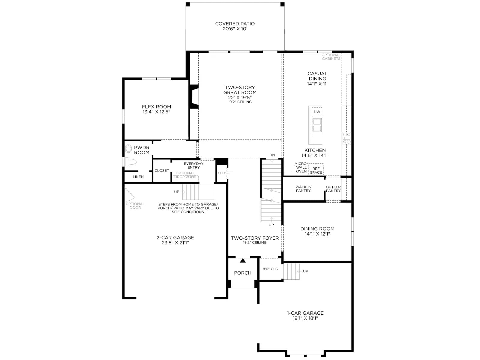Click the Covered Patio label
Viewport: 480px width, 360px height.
click(x=235, y=26)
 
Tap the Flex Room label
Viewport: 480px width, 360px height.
click(x=156, y=109)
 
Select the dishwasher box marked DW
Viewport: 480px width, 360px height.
click(x=317, y=112)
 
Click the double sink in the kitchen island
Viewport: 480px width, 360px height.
click(x=317, y=125)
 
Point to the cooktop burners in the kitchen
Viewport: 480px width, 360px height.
click(x=346, y=138)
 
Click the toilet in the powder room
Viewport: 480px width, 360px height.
click(x=130, y=162)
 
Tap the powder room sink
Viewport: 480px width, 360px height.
click(x=128, y=148)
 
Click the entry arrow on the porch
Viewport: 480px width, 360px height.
click(x=243, y=260)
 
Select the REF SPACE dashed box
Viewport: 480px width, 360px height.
click(x=316, y=169)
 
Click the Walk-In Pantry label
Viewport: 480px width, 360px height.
click(x=303, y=189)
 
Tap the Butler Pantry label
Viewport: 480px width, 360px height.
click(x=333, y=189)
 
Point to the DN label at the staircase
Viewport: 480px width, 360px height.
click(x=272, y=155)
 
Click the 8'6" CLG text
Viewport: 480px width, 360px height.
click(x=270, y=269)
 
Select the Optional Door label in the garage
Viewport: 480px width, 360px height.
click(x=135, y=206)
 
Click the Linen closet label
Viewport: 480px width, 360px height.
click(x=138, y=177)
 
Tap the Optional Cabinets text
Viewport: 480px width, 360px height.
click(x=331, y=57)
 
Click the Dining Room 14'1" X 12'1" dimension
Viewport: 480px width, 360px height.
click(x=317, y=234)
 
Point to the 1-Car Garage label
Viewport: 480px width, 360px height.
click(x=305, y=316)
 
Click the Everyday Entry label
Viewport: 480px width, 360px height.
click(x=193, y=166)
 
